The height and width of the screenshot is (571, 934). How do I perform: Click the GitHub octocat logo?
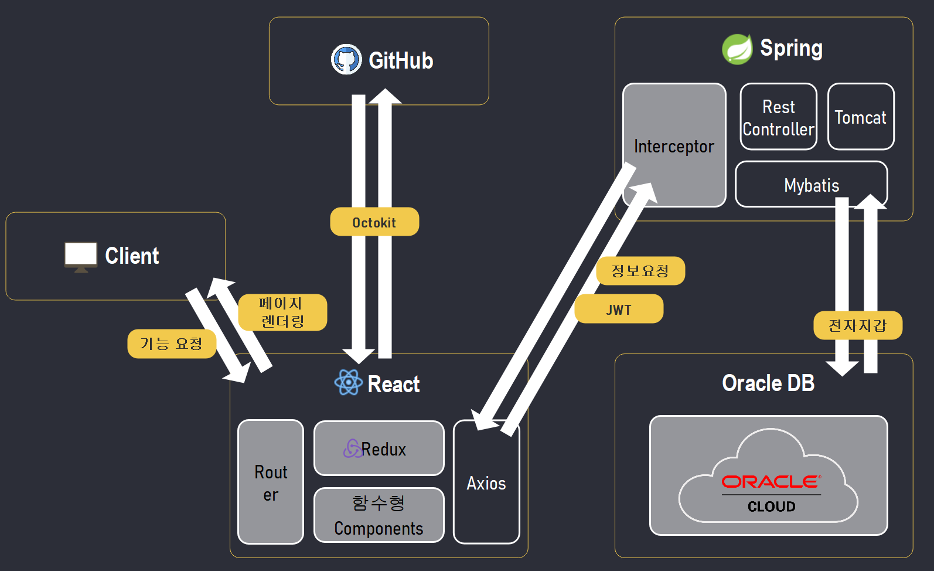[346, 59]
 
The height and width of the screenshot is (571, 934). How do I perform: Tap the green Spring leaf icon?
[737, 49]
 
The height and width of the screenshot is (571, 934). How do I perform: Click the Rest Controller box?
[778, 117]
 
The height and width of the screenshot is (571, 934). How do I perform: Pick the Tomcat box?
[860, 117]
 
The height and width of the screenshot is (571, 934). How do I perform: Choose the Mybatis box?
[811, 185]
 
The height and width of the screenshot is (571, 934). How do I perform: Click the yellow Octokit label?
[374, 222]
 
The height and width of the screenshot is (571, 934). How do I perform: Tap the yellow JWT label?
[619, 309]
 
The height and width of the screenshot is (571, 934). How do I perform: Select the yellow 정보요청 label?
[640, 271]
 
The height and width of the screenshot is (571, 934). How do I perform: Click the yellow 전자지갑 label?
[857, 325]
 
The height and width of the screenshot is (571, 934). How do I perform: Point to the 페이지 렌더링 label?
[282, 312]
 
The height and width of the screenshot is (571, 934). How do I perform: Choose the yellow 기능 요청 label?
[172, 344]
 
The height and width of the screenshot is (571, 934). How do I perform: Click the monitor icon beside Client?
[81, 256]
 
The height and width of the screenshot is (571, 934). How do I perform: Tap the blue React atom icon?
[349, 382]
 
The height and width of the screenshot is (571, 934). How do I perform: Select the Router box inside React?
[271, 482]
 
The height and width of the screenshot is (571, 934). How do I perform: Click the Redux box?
[379, 448]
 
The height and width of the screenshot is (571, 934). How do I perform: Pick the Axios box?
[486, 482]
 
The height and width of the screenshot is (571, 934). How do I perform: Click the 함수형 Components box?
[379, 515]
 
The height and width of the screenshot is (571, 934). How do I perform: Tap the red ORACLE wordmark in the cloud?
[771, 482]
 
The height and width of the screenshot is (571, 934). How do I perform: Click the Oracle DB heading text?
[768, 383]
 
